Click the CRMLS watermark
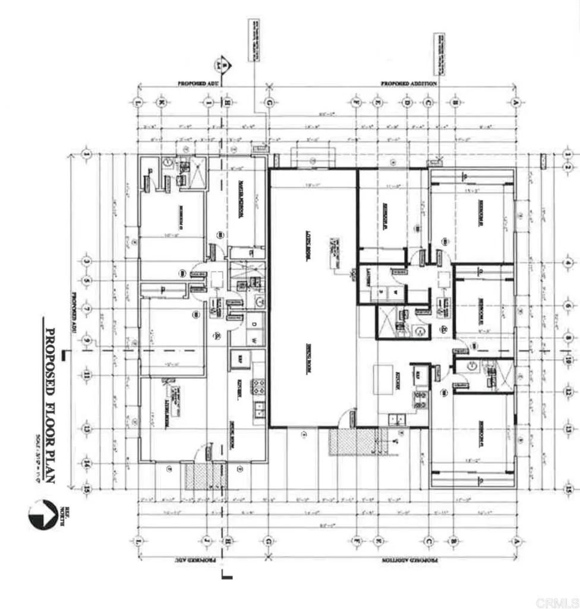coord(556,602)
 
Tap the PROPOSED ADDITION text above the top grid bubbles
coord(408,84)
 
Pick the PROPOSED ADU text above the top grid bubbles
coord(198,84)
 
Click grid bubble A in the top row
coord(515,102)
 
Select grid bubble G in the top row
coord(269,102)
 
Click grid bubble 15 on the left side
coord(87,488)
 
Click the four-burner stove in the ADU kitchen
coord(259,387)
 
